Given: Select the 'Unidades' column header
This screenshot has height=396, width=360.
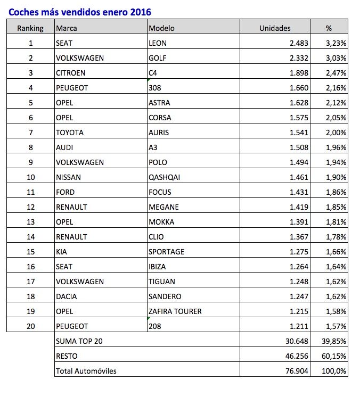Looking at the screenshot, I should pos(274,28).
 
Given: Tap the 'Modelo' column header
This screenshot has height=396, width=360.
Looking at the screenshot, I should pos(162,28).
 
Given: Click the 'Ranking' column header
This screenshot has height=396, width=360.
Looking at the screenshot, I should pos(30,28).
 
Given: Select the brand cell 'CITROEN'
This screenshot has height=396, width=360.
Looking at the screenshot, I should pos(70,73).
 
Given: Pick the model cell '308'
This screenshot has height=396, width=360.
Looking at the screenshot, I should pos(155,88).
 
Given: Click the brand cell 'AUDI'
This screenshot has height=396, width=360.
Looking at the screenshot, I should pos(64,147).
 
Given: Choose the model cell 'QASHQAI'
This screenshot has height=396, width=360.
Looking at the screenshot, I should pos(164,177).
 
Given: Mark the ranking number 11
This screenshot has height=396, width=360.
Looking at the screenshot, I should pos(30,192).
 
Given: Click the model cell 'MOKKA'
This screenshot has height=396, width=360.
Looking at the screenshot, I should pos(161,222).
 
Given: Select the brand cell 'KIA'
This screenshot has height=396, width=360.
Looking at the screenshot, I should pos(62,252).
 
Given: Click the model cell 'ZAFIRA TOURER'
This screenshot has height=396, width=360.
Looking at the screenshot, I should pos(175,311).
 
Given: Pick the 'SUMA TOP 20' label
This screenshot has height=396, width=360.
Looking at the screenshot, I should pos(79,341).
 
